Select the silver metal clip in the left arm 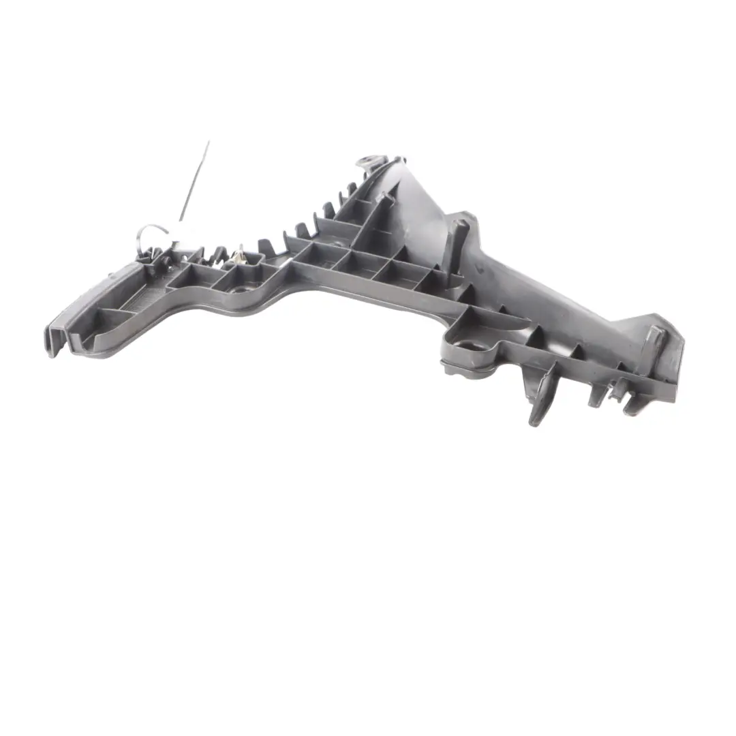(x=239, y=258)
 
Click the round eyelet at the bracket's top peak (x=369, y=164)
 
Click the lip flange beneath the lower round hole (x=470, y=368)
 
